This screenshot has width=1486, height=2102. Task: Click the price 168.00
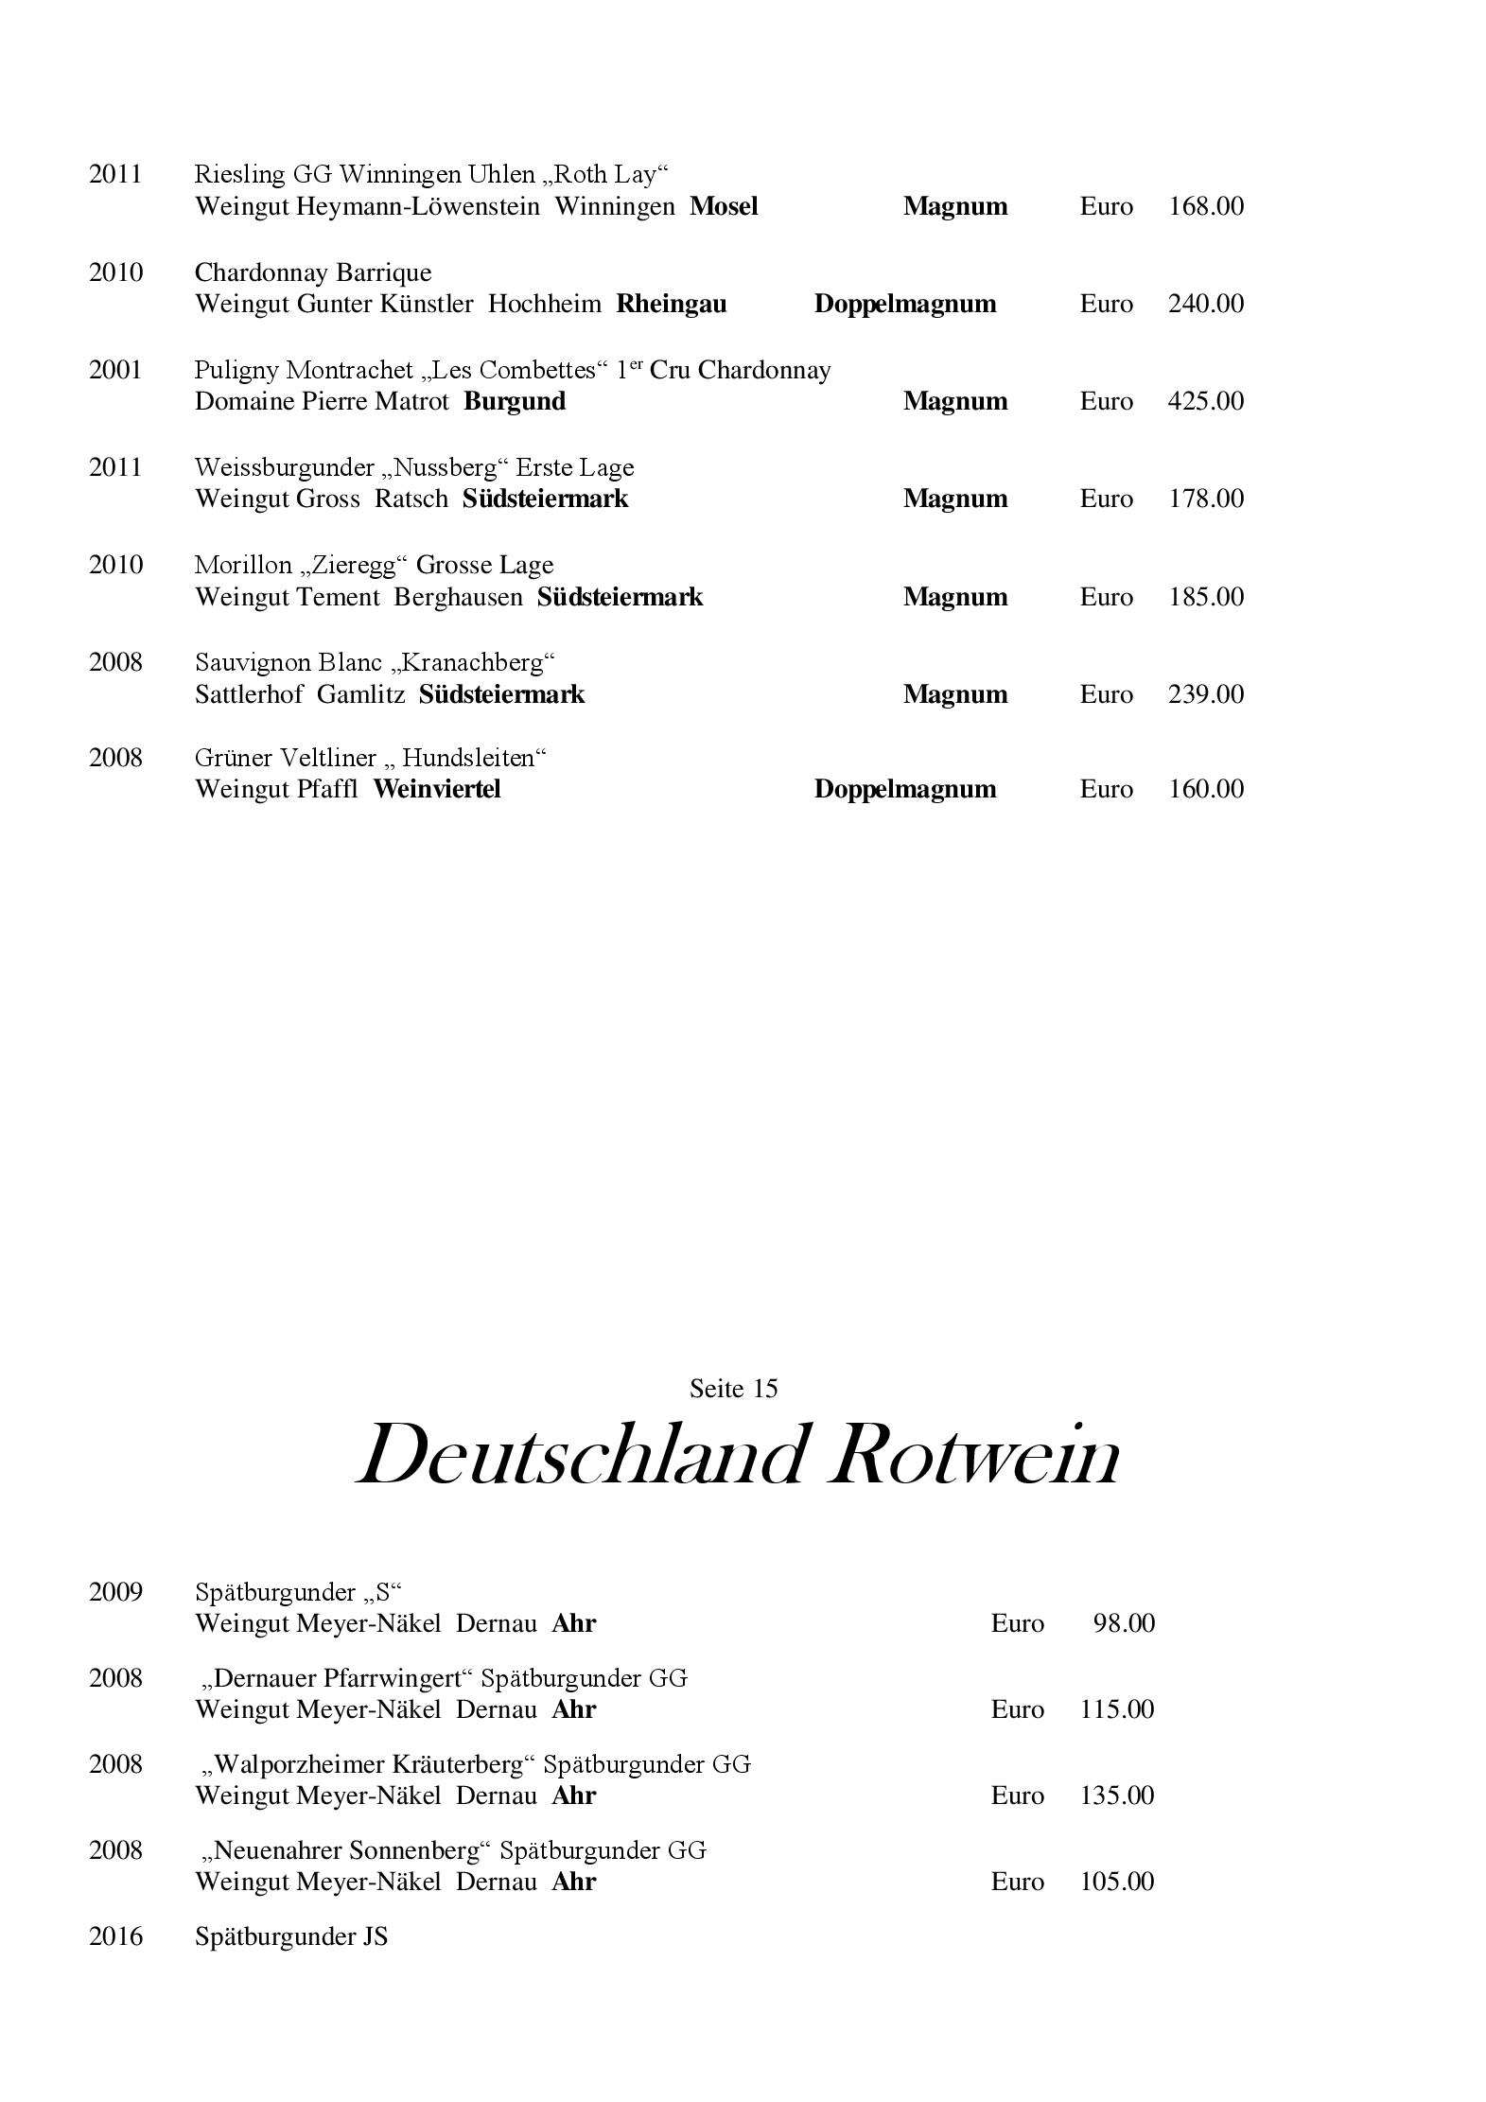point(1205,206)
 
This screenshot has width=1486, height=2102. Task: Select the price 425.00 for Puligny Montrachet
point(1205,401)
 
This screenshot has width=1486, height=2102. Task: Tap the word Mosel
point(724,206)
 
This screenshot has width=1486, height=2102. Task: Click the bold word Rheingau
point(672,304)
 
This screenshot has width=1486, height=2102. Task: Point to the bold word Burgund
point(515,401)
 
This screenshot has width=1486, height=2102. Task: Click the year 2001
point(115,370)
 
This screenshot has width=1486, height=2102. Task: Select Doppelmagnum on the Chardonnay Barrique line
point(904,304)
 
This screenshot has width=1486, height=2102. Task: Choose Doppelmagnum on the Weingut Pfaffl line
point(904,789)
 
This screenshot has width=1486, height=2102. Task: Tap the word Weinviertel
point(436,789)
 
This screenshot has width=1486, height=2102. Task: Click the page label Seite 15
point(733,1389)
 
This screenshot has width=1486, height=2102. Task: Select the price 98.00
point(1124,1623)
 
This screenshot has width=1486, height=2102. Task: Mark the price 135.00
point(1116,1795)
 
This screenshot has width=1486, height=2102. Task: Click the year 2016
point(115,1936)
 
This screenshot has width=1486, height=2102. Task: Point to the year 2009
point(115,1592)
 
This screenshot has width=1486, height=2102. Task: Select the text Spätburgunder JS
point(291,1936)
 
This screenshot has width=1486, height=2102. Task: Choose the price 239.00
point(1205,694)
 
